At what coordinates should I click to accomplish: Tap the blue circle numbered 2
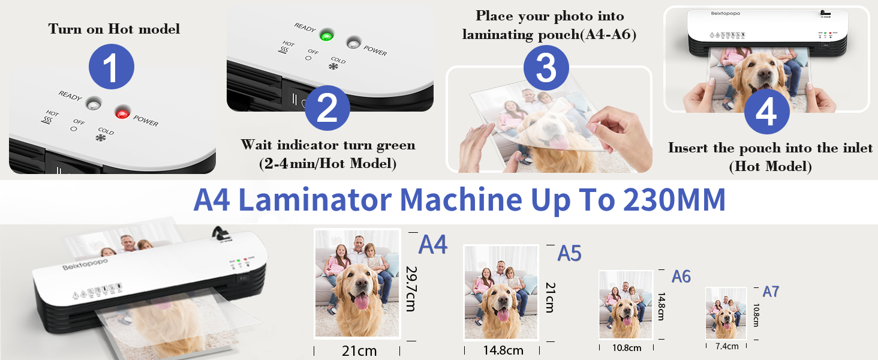[x=327, y=108]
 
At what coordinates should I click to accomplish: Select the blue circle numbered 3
[x=546, y=68]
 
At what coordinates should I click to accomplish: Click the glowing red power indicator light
[x=122, y=113]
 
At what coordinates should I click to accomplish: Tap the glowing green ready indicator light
[x=327, y=35]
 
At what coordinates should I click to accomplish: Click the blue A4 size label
[x=433, y=245]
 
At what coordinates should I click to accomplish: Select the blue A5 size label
[x=569, y=253]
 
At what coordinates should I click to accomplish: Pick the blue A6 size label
[x=681, y=277]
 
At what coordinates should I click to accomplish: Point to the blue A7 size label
[x=771, y=292]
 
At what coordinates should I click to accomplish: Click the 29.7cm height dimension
[x=411, y=289]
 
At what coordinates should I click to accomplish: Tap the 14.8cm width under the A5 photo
[x=503, y=350]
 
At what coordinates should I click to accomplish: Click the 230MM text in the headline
[x=674, y=200]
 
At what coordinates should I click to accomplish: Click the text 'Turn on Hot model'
[x=114, y=29]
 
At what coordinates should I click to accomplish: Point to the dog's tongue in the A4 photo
[x=362, y=301]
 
